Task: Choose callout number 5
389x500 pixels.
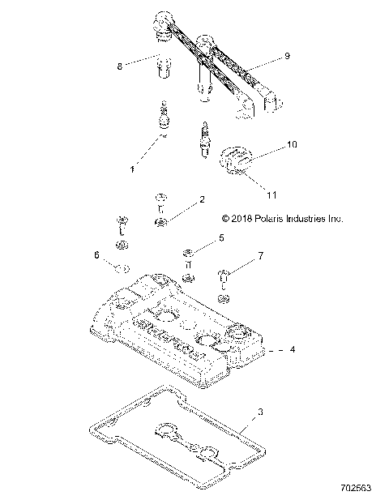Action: (220, 239)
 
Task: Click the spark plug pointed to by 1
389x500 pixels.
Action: (165, 116)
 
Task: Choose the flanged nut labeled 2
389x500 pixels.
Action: (162, 220)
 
